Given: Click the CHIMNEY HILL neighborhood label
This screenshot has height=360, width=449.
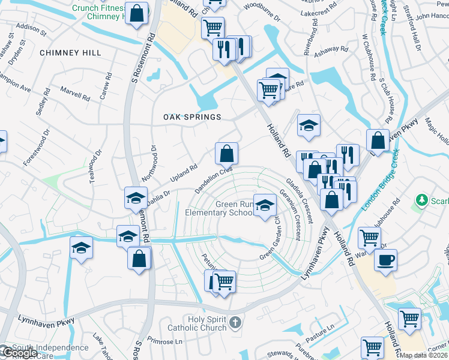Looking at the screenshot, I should click(70, 53).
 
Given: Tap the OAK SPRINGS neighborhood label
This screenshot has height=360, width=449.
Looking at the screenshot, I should click(193, 117).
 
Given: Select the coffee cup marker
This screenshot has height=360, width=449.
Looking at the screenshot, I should click(385, 261).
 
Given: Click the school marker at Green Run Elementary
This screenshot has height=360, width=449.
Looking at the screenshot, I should click(264, 206).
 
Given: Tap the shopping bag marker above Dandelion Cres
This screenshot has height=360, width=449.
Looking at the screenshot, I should click(226, 154).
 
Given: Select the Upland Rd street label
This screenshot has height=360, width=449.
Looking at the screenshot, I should click(184, 173).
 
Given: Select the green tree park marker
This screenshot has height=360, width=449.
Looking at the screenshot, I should click(422, 199).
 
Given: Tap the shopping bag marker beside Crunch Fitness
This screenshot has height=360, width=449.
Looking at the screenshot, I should click(137, 13).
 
